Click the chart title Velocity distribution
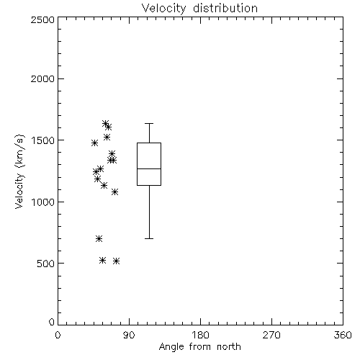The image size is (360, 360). pos(199,8)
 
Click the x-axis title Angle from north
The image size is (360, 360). pos(199,347)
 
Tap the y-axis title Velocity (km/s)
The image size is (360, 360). pos(19,171)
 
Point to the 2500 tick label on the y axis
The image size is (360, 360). pos(42,19)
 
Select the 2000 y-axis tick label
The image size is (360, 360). pos(42,78)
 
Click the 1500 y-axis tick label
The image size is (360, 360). pos(43,140)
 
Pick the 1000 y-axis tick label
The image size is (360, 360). pos(43,202)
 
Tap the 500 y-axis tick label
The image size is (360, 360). pos(46,264)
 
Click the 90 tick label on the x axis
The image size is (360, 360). pos(129,335)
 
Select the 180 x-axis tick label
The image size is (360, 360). pos(200,335)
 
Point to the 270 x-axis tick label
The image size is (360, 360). pos(271,335)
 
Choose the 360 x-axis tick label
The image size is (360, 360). pos(343,335)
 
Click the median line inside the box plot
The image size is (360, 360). pos(149,168)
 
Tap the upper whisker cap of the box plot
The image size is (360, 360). pos(149,123)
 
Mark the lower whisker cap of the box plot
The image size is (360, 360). pos(149,238)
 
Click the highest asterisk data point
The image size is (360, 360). pos(105,124)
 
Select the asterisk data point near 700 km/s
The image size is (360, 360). pos(99,238)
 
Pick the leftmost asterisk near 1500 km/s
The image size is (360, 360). pos(94,143)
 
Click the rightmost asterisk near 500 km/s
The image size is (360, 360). pos(117,261)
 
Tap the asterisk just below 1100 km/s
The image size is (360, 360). pos(115,192)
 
